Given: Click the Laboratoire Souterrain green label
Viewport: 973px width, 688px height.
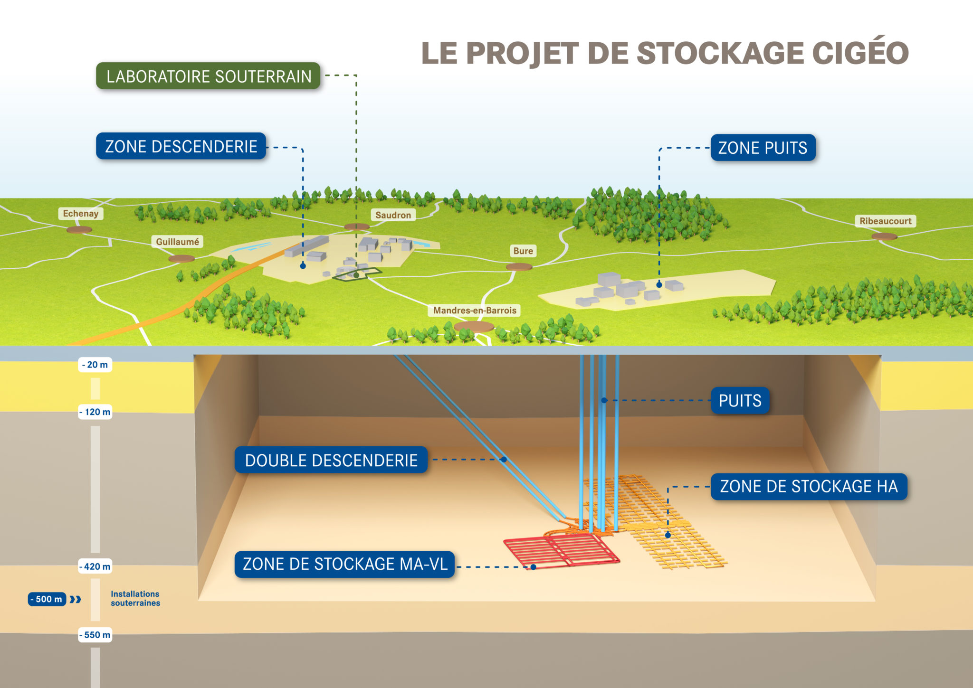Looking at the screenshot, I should coord(208,76).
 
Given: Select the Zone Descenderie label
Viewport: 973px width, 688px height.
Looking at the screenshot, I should coord(181,146).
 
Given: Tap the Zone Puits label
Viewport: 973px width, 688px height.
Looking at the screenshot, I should coord(763,148).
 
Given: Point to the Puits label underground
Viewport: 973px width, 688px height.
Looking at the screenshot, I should coord(740,401).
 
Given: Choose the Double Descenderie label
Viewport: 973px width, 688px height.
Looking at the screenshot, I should coord(331,460).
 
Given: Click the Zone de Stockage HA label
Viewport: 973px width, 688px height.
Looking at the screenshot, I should coord(809,487).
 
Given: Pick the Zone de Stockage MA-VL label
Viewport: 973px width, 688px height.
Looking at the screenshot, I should coord(345,564).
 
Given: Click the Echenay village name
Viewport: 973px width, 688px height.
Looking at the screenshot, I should coord(81,214).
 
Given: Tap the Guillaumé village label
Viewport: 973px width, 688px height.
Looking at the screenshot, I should coord(178,242).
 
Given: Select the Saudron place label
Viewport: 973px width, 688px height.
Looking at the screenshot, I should coord(393,215).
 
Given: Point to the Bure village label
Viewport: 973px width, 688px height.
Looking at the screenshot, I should coord(523,251).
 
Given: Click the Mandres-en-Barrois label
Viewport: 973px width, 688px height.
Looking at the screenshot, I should coord(475,311).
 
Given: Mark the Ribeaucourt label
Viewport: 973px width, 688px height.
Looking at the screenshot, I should coord(885,221).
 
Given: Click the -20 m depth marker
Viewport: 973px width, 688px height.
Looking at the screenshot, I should coord(95,365).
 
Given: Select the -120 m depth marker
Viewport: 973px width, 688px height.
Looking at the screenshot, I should coord(95,412).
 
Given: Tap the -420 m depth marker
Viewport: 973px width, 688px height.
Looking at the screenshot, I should coord(95,566).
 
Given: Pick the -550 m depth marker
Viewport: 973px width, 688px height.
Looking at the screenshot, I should coord(95,635).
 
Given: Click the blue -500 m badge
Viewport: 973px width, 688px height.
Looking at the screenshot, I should coord(47,599).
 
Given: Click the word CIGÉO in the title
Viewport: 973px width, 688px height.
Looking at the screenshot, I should coord(860,53).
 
